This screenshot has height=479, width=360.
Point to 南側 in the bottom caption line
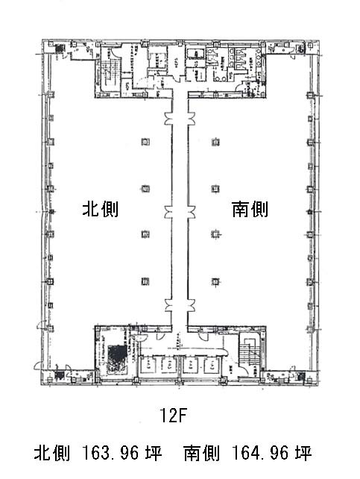coord(200,454)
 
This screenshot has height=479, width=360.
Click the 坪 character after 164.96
coord(303,454)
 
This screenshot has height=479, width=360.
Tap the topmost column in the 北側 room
coord(144,141)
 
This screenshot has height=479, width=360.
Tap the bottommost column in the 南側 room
coord(215,281)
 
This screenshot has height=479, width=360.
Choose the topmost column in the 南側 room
coord(215,141)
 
